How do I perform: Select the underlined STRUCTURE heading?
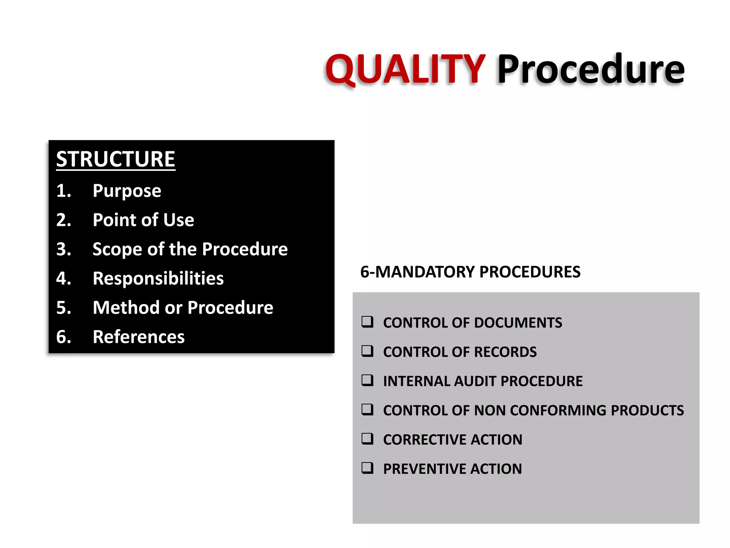point(115,159)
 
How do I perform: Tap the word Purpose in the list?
point(127,191)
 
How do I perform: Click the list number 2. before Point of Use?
point(64,220)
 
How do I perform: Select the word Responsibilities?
point(158,278)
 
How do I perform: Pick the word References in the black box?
point(139,337)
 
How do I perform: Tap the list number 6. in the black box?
point(64,337)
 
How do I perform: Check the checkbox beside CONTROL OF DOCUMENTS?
point(367,322)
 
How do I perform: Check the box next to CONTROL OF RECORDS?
point(367,351)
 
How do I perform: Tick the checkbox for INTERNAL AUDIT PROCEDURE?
point(367,380)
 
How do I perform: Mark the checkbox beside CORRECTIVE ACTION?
point(367,439)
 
